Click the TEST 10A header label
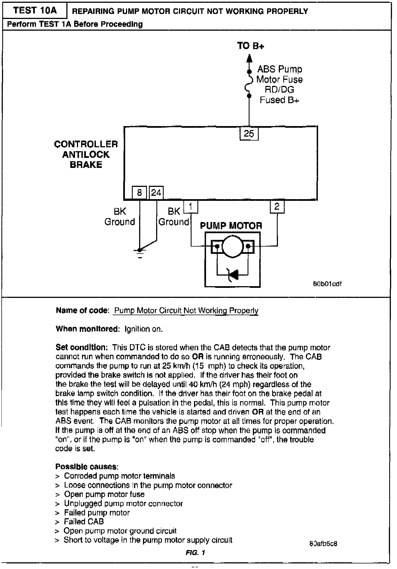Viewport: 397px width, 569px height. coord(35,11)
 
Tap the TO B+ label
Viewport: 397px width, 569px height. coord(250,46)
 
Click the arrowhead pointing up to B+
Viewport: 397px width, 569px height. coord(250,58)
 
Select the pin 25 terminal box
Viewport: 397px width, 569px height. coord(249,134)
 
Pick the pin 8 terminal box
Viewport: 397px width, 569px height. coord(139,192)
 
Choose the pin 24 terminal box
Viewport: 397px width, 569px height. coord(156,192)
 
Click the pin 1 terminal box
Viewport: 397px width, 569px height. coord(191,207)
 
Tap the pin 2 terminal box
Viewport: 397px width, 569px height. coord(277,207)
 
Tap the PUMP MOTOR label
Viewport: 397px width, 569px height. coord(231,226)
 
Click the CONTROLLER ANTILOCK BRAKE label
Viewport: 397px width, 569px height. coord(86,154)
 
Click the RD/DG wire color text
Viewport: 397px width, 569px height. coord(279,90)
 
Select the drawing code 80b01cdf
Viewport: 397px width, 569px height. coord(328,284)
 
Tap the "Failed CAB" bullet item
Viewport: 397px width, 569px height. coord(84,521)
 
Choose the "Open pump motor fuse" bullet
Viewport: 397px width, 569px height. coord(104,494)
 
